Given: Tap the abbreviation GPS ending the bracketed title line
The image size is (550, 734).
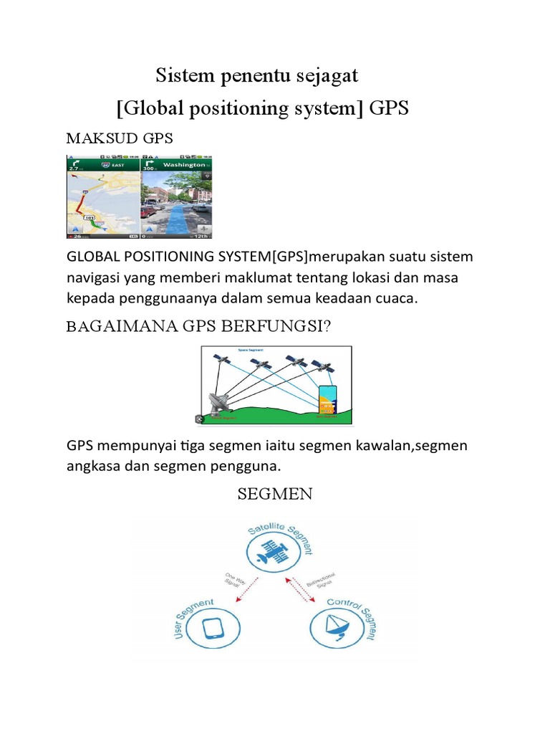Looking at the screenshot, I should click(x=390, y=108).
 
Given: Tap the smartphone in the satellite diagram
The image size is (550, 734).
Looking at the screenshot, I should click(x=327, y=401).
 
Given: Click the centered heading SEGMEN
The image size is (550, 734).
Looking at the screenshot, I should click(x=275, y=495).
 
